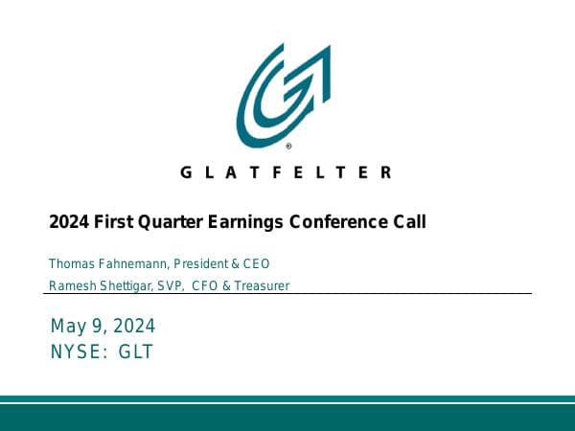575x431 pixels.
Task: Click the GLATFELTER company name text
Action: (286, 172)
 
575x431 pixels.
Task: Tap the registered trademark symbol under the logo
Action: (289, 147)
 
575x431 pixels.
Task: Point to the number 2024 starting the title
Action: (69, 222)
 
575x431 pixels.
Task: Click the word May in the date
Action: (66, 327)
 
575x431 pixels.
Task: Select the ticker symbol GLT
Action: (135, 352)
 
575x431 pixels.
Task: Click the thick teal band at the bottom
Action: (287, 417)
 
